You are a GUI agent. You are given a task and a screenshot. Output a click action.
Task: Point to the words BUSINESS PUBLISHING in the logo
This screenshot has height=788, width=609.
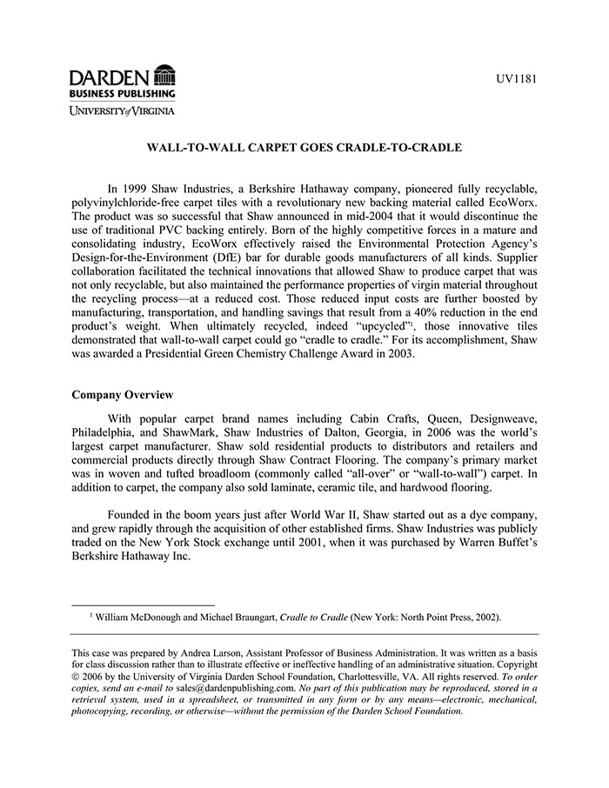point(123,92)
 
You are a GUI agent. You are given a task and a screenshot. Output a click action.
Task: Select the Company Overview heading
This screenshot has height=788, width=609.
point(124,394)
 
